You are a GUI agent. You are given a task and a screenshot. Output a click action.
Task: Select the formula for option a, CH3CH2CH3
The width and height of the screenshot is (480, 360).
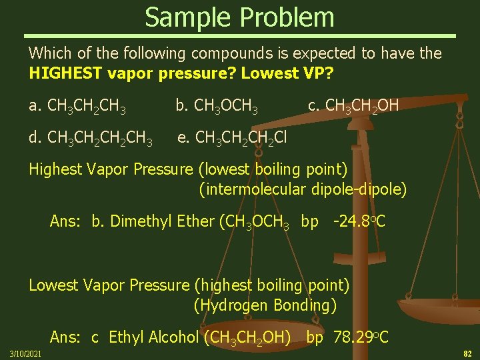87,105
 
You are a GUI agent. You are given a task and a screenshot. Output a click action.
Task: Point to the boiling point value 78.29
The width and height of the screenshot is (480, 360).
352,337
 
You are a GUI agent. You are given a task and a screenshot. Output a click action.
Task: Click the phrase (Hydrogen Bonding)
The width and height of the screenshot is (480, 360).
265,305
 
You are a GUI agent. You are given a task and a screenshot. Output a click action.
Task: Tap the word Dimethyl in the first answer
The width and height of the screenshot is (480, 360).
139,221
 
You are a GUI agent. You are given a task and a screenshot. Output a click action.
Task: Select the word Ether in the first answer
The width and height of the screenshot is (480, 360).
195,221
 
